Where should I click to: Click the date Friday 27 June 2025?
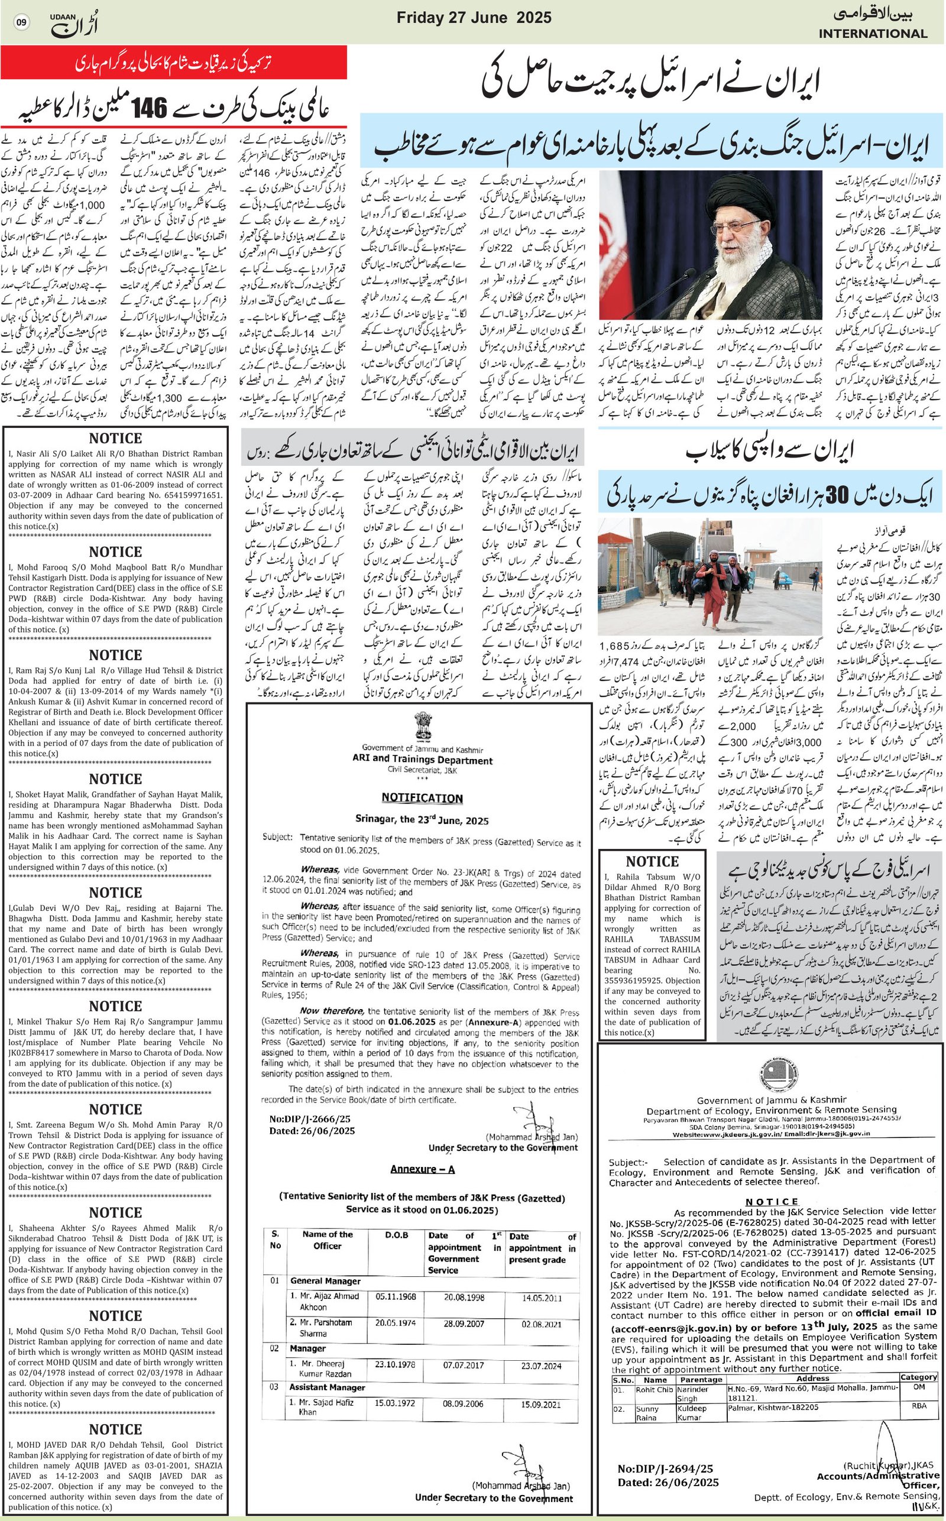tap(474, 18)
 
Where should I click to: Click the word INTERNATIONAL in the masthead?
tap(872, 34)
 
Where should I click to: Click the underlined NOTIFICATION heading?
tap(422, 798)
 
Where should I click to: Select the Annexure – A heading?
tap(422, 1169)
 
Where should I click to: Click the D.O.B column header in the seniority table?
tap(397, 1235)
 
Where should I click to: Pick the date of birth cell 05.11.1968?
tap(396, 1296)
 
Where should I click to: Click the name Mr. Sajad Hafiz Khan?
tap(325, 1406)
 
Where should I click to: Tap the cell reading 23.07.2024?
tap(541, 1366)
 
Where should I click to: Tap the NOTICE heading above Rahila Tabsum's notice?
tap(652, 861)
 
